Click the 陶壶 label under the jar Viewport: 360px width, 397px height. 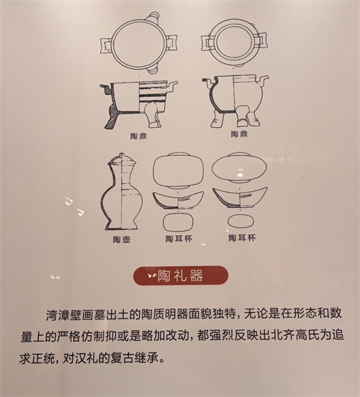click(x=122, y=239)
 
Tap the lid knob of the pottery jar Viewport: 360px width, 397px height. click(x=122, y=155)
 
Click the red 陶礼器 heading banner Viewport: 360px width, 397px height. click(x=181, y=275)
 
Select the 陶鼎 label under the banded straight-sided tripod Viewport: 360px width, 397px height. click(x=138, y=136)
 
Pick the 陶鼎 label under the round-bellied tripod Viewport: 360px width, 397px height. click(x=239, y=134)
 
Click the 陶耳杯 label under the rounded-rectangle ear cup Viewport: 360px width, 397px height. click(x=179, y=239)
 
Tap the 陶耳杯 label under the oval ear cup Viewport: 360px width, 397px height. click(x=242, y=238)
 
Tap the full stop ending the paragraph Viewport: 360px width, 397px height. click(x=163, y=360)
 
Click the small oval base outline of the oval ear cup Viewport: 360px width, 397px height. click(x=240, y=221)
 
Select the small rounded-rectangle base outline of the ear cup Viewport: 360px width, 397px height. click(x=178, y=222)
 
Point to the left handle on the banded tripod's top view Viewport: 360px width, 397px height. click(x=106, y=45)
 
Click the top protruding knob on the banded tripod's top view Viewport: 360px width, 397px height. click(x=153, y=17)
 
